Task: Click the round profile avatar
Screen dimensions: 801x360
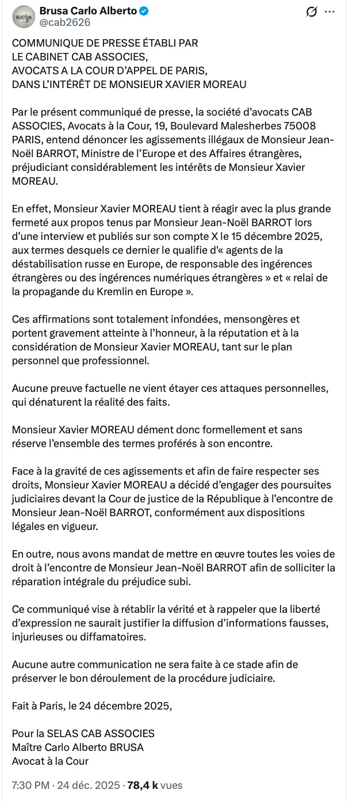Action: pyautogui.click(x=24, y=17)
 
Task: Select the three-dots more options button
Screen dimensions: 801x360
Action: pyautogui.click(x=329, y=12)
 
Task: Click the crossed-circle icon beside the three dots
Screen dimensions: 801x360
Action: pyautogui.click(x=312, y=12)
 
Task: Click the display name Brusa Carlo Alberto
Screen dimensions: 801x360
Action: pyautogui.click(x=88, y=11)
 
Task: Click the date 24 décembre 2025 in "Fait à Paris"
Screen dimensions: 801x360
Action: pyautogui.click(x=128, y=705)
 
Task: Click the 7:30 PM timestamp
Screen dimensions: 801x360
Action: pyautogui.click(x=32, y=785)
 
